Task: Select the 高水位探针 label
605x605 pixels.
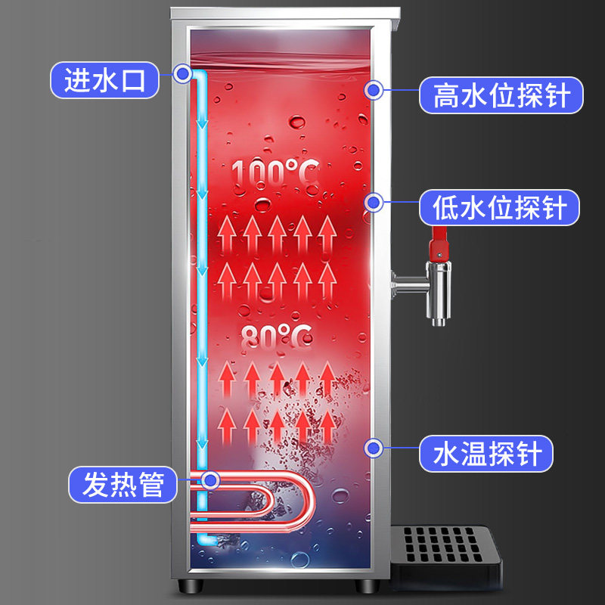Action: [x=501, y=96]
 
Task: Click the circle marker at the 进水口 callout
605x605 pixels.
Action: [x=181, y=73]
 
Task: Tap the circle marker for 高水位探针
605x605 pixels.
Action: [x=374, y=91]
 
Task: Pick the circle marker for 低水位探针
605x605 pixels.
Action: [x=374, y=203]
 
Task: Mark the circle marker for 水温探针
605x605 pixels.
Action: [x=374, y=448]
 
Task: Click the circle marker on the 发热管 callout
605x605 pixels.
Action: [x=210, y=479]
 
